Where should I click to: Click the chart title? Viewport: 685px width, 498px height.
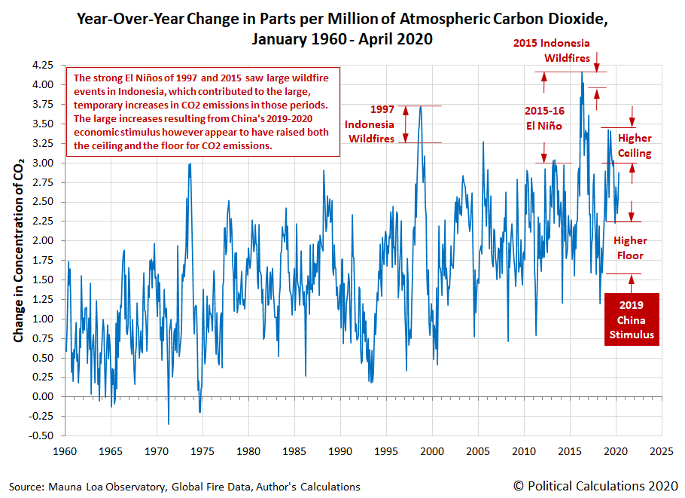(x=342, y=29)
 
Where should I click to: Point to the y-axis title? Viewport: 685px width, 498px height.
(x=18, y=250)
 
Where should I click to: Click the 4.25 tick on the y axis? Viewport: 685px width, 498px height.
(x=43, y=65)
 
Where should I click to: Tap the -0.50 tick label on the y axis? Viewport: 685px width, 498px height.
(x=41, y=435)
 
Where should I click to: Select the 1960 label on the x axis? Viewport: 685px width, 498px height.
(x=65, y=451)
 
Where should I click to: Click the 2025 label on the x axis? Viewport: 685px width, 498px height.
(x=662, y=451)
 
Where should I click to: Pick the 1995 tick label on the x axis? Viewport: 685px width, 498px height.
(x=386, y=451)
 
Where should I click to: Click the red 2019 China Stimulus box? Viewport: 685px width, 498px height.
(x=632, y=319)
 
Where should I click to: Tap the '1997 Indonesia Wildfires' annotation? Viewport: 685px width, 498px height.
(x=370, y=124)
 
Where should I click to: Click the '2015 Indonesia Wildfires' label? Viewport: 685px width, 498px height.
(x=552, y=50)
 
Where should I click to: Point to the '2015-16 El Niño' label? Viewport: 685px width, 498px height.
(x=544, y=118)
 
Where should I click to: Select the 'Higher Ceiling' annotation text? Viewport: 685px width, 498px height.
(x=635, y=145)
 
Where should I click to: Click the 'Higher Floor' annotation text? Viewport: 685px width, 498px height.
(x=630, y=248)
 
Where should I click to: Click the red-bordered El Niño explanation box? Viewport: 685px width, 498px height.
(x=203, y=112)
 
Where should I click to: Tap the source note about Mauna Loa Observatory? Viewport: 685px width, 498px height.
(x=184, y=487)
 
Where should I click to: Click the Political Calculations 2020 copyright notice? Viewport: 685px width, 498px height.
(x=596, y=486)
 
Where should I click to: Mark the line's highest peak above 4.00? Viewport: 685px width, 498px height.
(x=581, y=72)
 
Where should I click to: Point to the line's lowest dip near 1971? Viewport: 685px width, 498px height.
(x=169, y=423)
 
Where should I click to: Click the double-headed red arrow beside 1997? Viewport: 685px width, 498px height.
(x=406, y=124)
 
